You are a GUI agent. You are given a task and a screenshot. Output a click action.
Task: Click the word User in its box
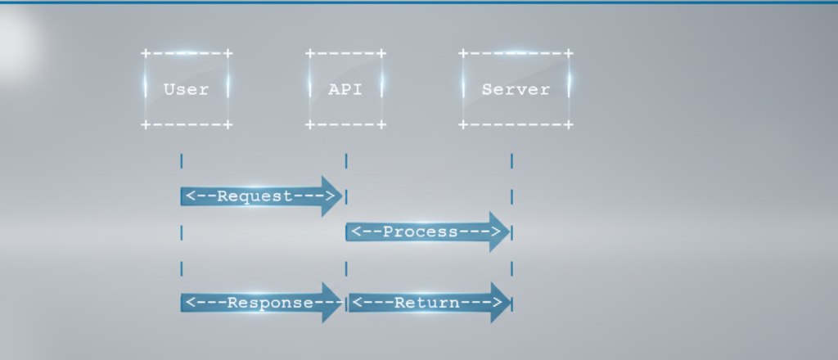[186, 89]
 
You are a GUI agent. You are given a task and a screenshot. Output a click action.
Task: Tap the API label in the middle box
[345, 89]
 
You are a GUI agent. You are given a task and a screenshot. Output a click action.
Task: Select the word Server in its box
[516, 89]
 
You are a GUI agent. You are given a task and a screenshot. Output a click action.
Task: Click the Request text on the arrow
[255, 196]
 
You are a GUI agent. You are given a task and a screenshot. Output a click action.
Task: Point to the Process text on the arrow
[421, 232]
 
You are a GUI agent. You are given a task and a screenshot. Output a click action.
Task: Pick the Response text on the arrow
[270, 303]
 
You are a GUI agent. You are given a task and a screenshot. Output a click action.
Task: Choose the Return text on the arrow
[426, 303]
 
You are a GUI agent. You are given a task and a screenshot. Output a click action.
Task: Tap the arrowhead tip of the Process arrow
[508, 232]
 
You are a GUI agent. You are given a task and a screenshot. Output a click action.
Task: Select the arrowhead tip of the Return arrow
[509, 303]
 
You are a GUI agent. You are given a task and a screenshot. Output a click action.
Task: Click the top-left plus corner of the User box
[146, 53]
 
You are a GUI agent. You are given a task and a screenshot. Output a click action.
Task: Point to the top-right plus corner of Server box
[569, 53]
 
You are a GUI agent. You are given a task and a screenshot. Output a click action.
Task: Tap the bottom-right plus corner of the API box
[381, 125]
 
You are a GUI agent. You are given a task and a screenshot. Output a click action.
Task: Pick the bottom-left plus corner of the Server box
[463, 125]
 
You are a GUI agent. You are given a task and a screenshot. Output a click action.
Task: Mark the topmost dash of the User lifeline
[181, 160]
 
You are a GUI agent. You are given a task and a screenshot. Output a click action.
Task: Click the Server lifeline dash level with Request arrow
[511, 196]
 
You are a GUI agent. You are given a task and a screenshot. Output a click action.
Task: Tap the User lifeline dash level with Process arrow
[181, 232]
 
